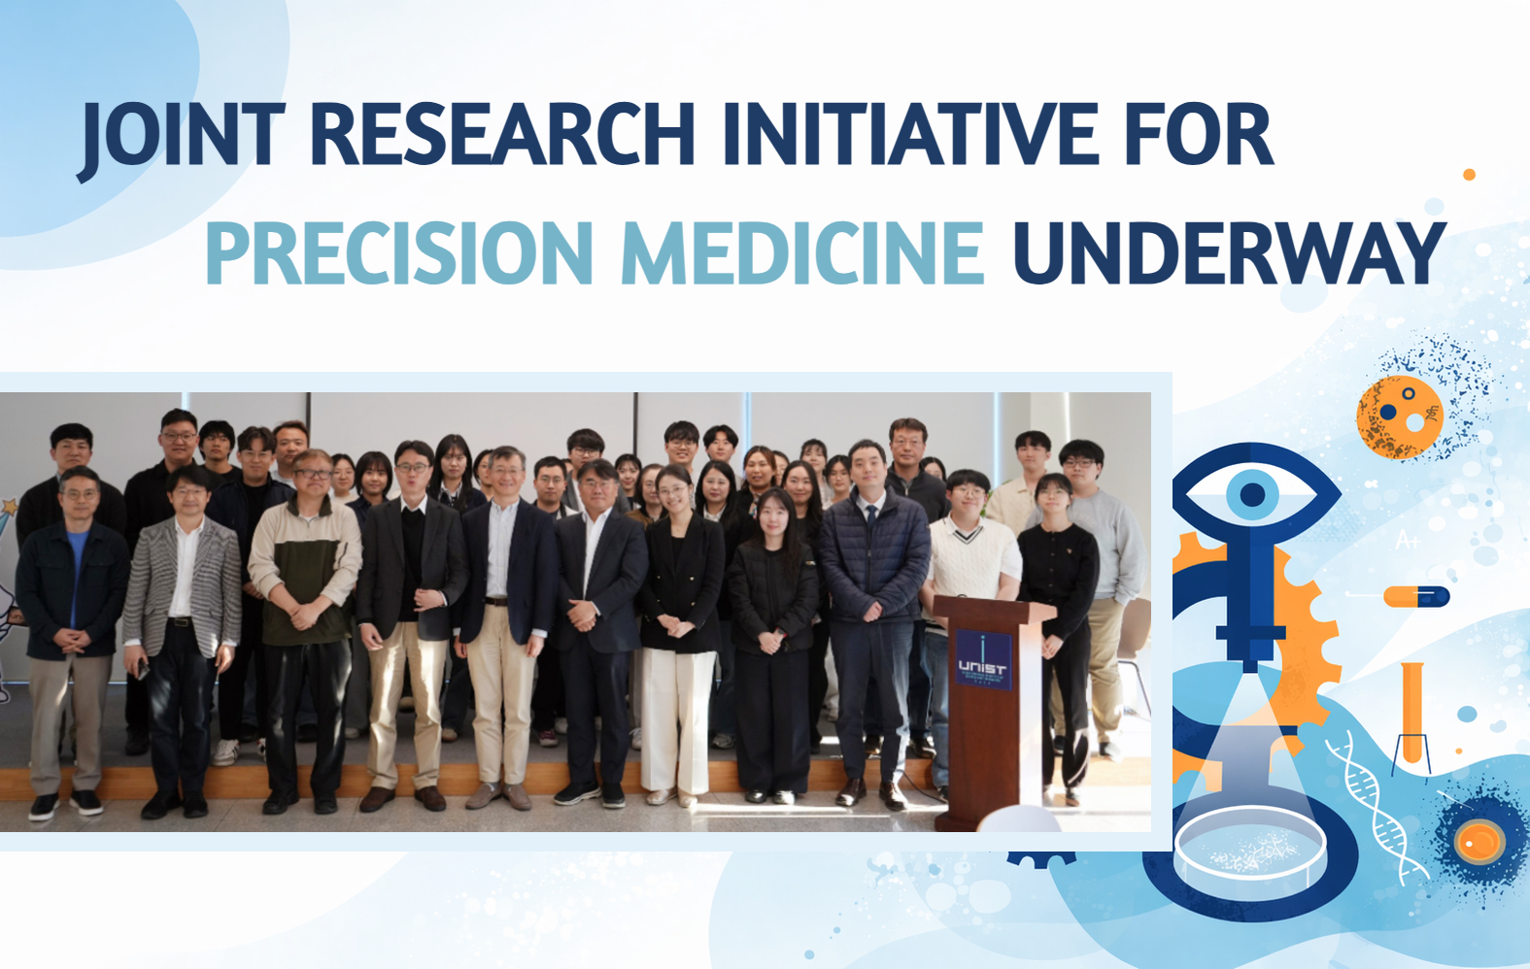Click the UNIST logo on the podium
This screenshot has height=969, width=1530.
click(982, 659)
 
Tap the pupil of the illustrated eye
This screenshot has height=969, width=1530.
click(1252, 495)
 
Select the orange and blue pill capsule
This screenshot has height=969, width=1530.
click(1416, 596)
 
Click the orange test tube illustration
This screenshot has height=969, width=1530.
click(1411, 714)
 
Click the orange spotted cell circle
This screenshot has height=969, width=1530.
click(1400, 417)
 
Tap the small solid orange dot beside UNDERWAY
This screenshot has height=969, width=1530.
click(1469, 175)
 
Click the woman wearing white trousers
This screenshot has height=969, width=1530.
click(679, 631)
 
